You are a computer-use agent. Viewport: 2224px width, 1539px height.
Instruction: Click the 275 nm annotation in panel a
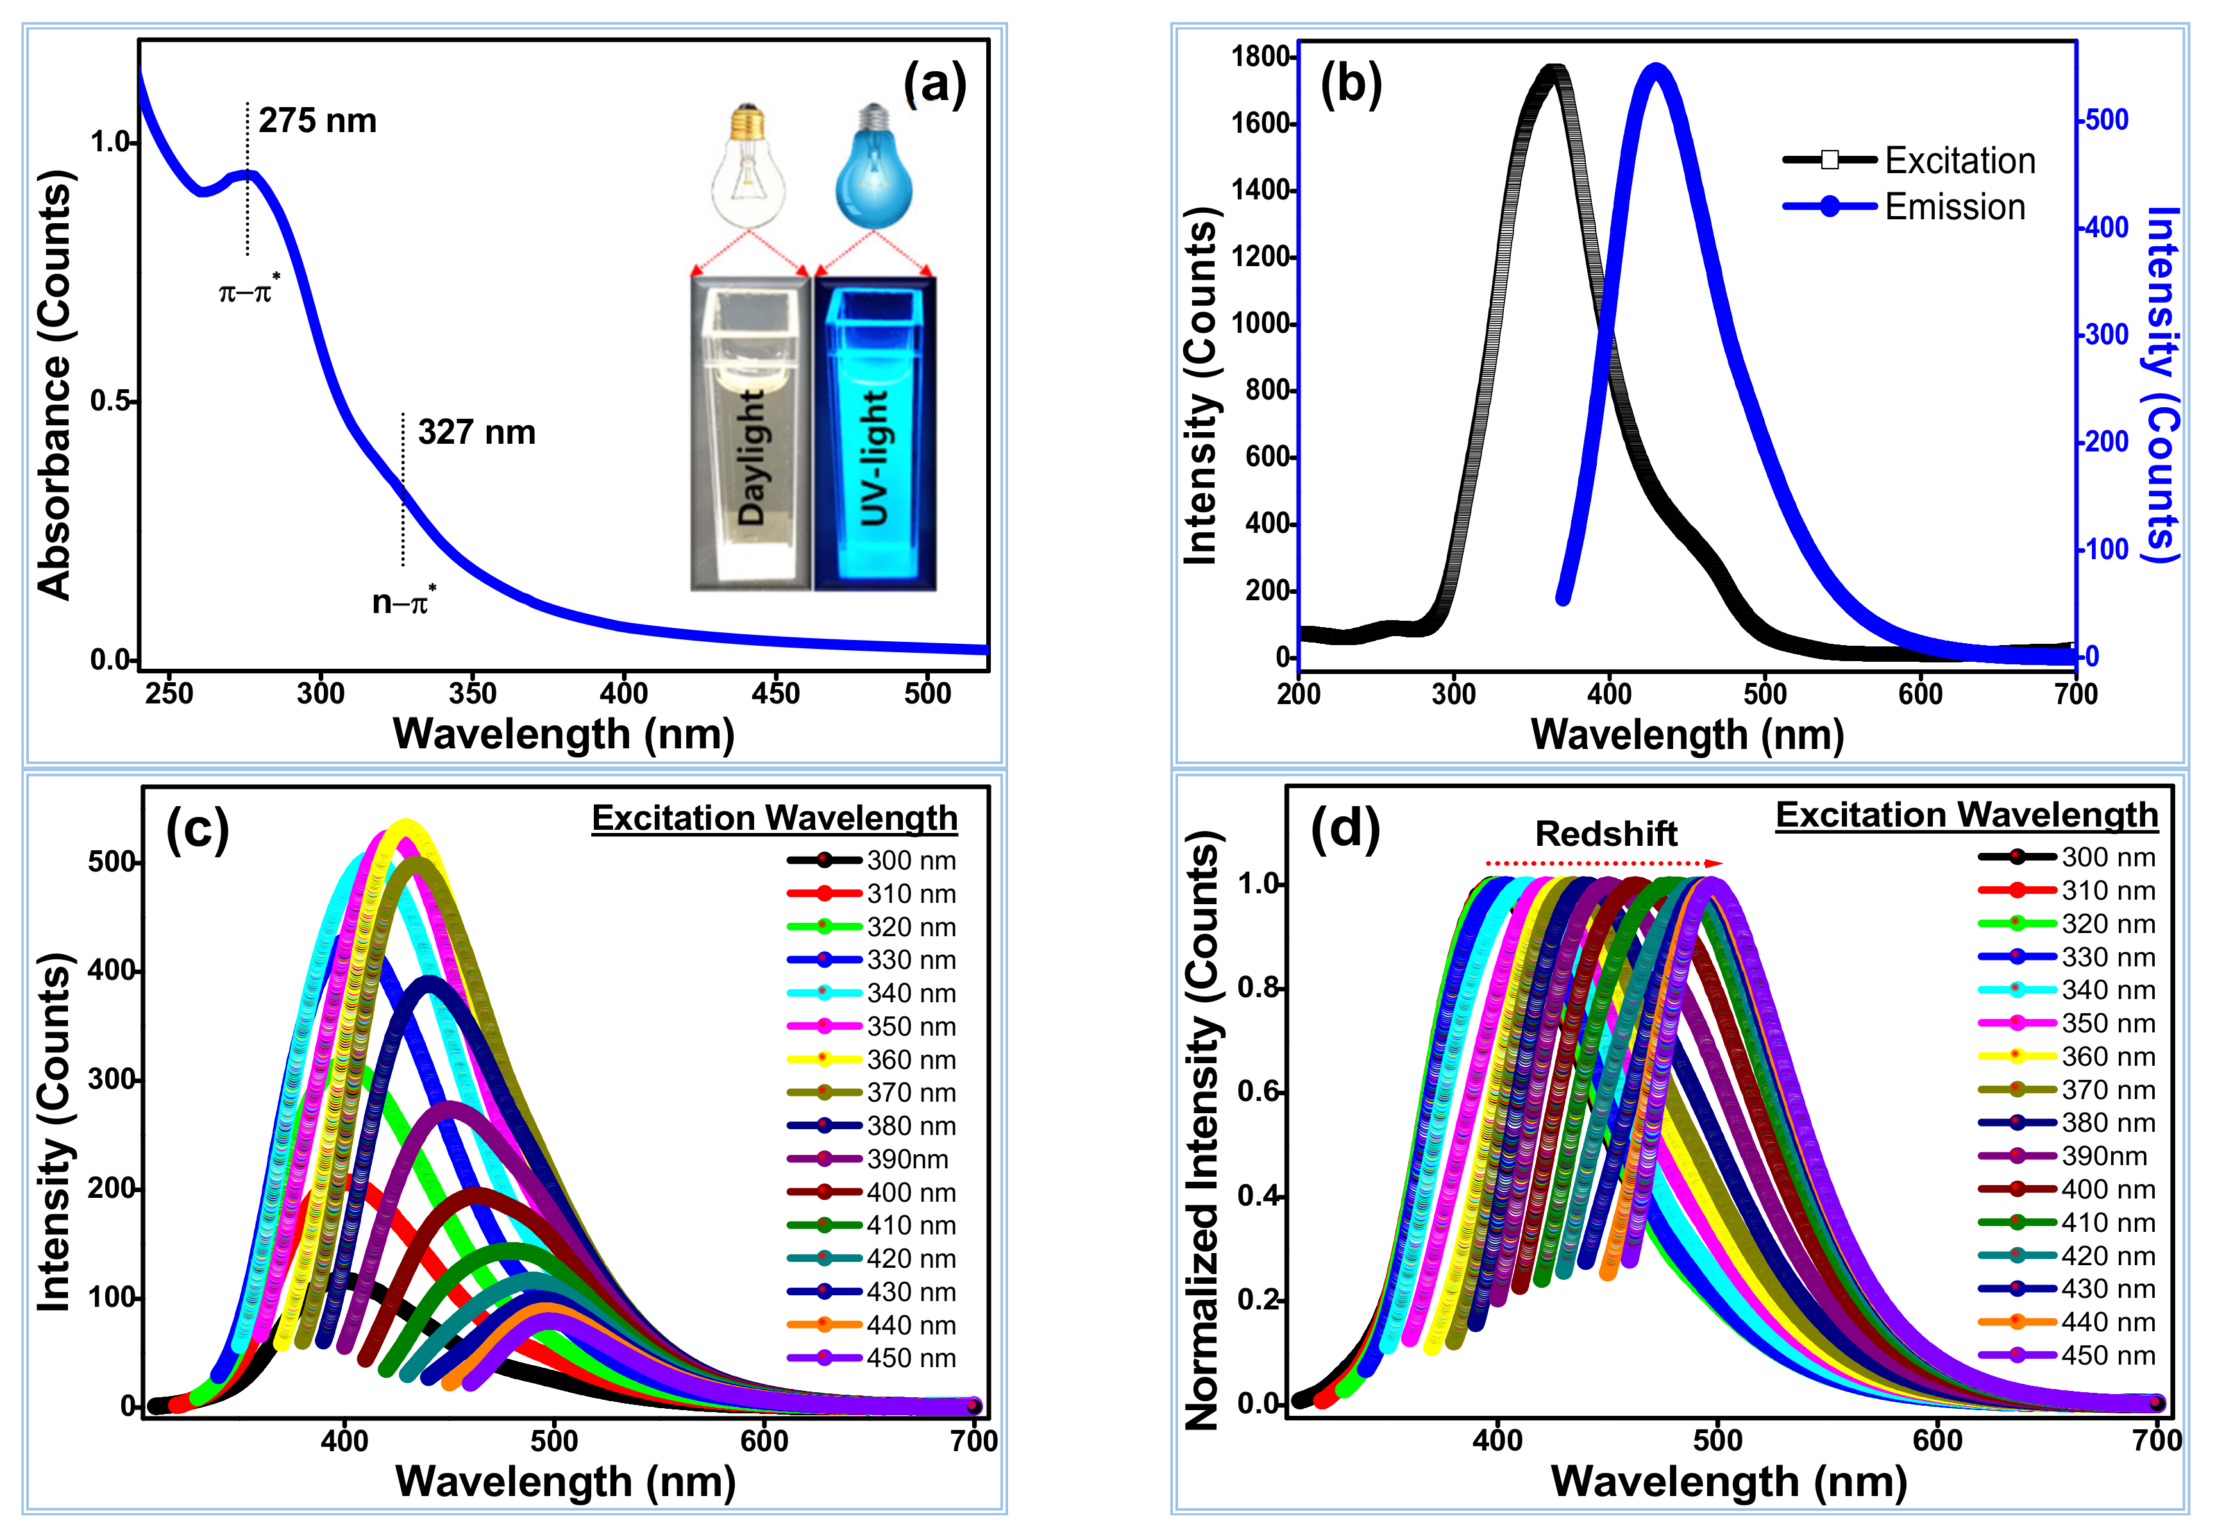317,121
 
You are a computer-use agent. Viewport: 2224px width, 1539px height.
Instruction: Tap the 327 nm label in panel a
476,433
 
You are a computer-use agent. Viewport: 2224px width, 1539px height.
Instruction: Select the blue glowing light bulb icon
874,168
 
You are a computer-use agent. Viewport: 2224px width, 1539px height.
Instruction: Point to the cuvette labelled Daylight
750,434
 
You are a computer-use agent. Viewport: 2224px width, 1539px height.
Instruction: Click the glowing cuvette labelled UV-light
875,434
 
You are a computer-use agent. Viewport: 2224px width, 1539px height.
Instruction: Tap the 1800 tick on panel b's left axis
1261,57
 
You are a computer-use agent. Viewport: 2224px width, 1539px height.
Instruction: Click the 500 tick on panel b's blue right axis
2107,121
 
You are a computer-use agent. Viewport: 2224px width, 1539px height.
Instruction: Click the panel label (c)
197,827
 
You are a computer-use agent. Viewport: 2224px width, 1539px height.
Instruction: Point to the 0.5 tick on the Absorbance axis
110,401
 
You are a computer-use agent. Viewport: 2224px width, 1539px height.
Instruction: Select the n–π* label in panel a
404,601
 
